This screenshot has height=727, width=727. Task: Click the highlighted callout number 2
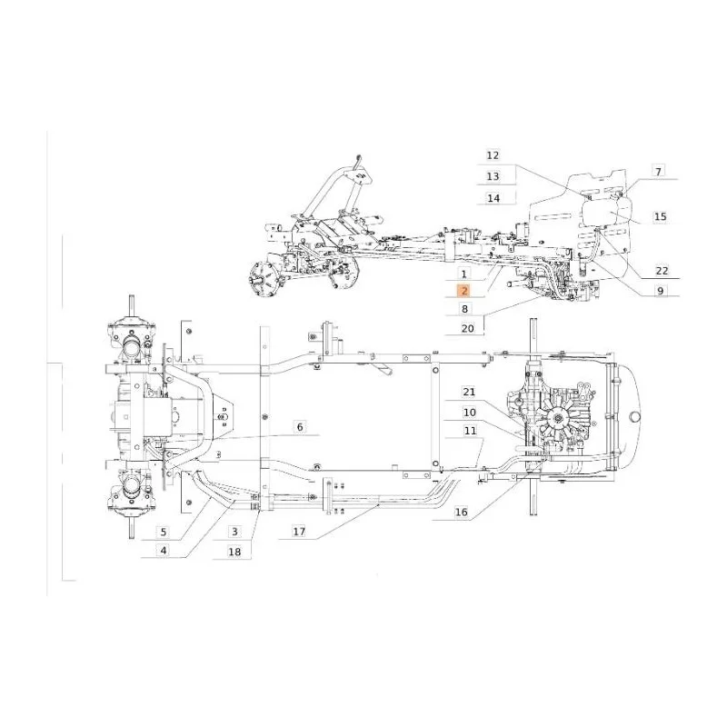coord(464,291)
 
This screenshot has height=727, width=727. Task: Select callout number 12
coord(493,155)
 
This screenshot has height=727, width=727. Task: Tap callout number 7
coord(658,171)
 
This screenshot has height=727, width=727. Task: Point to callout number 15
coord(661,216)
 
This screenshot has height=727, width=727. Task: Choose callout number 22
coord(662,270)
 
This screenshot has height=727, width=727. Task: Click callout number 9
coord(661,291)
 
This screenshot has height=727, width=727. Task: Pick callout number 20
coord(468,328)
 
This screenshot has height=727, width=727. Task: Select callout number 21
coord(469,392)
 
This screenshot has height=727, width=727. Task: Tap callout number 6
coord(300,426)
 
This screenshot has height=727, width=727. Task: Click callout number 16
coord(462,512)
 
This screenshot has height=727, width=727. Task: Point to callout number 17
coord(299,531)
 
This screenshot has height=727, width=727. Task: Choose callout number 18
coord(234,552)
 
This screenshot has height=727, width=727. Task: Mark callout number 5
coord(164,532)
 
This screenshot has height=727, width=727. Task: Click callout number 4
coord(164,551)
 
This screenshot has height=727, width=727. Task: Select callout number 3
coord(234,532)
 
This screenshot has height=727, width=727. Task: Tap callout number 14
coord(493,198)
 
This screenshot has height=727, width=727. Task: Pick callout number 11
coord(470,431)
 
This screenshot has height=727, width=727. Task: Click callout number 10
coord(469,413)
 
